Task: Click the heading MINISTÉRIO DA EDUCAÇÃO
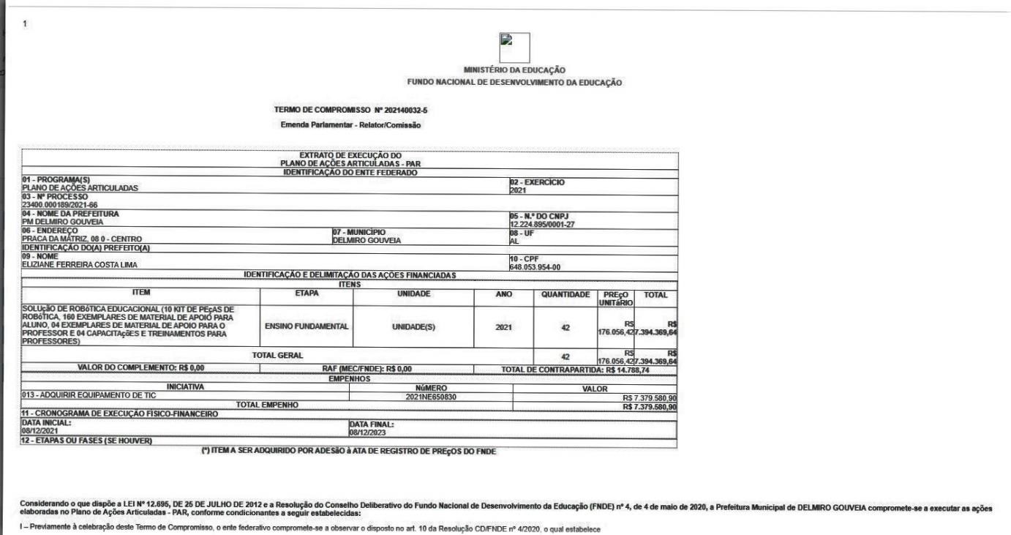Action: pos(520,70)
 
